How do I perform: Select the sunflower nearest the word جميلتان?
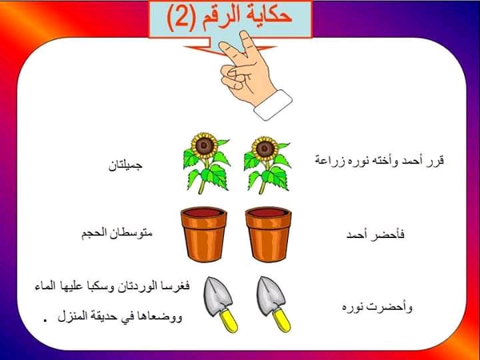(206, 163)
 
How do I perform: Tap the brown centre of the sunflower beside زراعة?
(265, 149)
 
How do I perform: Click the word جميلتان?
(125, 165)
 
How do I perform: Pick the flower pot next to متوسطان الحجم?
(203, 234)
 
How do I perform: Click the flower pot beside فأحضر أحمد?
(268, 234)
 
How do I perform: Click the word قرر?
(437, 161)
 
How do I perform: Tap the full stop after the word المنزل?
(47, 320)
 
